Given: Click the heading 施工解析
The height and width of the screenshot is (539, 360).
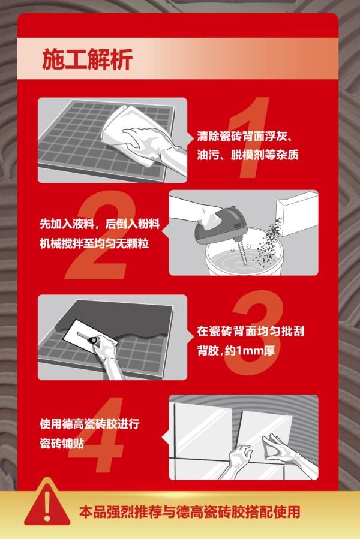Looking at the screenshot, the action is (x=88, y=59).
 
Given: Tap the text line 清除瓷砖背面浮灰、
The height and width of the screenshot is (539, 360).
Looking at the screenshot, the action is (x=245, y=137).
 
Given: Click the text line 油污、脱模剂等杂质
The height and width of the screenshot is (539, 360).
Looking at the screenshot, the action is (x=247, y=155).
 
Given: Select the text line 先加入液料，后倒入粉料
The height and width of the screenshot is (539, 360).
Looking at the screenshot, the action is (x=100, y=224).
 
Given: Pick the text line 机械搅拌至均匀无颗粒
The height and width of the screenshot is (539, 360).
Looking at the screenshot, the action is (x=94, y=243).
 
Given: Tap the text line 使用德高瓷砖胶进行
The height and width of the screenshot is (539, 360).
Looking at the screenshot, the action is (x=89, y=424).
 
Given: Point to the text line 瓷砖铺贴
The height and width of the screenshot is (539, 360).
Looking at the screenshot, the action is (x=62, y=444).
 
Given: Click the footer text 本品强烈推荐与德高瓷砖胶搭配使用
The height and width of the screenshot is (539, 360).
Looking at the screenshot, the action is (x=190, y=512).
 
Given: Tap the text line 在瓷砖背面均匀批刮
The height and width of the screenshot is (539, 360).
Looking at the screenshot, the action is (x=251, y=331).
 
